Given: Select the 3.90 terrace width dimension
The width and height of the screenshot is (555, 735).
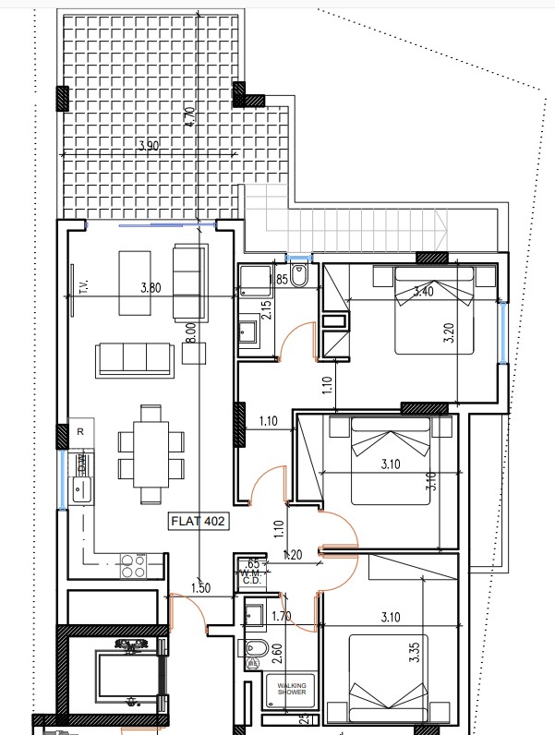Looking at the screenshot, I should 147,146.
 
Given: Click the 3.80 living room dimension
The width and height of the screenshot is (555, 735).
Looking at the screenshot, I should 150,287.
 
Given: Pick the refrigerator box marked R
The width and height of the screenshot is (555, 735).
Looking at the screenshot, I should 80,431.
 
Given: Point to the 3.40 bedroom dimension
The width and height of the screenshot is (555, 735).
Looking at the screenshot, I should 424,292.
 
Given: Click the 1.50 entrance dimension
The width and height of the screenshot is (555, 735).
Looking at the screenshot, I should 199,587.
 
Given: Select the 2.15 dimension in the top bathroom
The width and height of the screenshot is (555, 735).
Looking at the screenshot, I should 266,308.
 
